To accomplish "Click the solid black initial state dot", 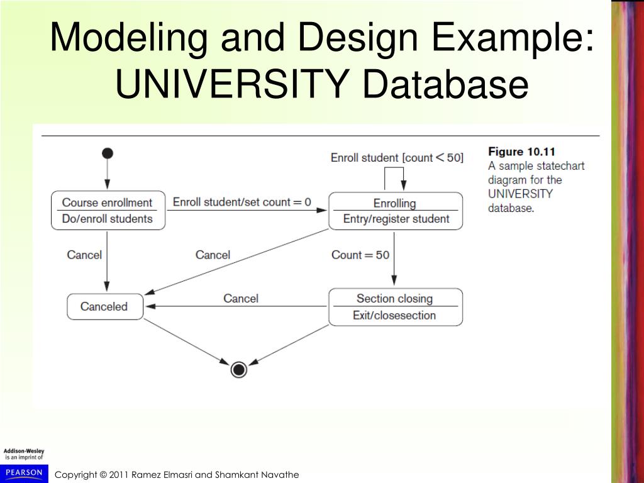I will coord(108,153).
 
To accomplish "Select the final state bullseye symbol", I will coord(238,370).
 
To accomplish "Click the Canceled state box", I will coord(105,307).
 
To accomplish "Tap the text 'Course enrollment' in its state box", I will coord(107,203).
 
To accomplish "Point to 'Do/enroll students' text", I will coord(107,219).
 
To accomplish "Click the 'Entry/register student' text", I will coord(396,219).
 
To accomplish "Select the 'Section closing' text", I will coord(394,299).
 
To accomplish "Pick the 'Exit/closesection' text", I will coord(394,315).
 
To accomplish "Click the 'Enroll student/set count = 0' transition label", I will coord(241,202).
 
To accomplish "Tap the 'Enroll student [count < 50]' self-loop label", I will coord(397,157).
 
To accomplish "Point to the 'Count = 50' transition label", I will coord(360,255).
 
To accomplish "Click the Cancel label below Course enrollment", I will coord(84,255).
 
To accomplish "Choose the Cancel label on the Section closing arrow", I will coord(241,298).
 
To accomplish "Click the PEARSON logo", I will coord(24,472).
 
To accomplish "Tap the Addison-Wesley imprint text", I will coord(24,452).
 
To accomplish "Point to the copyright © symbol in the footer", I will coord(103,475).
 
